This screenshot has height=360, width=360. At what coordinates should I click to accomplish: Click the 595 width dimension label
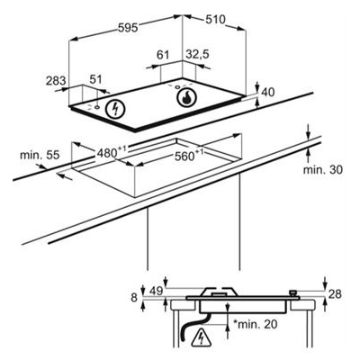pos(128,28)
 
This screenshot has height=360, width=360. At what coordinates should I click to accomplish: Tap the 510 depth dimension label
pos(215,20)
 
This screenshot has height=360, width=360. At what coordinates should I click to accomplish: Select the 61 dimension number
pos(163,55)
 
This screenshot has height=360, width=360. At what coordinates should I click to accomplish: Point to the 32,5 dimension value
pos(197,55)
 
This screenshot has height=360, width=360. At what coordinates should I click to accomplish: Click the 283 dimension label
pos(56,81)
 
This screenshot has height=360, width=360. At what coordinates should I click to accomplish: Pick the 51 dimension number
pos(96,79)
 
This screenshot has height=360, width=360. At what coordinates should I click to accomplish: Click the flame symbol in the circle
pos(186,98)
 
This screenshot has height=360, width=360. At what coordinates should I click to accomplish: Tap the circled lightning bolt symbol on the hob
pos(115,109)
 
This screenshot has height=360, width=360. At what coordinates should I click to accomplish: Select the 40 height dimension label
pos(268,93)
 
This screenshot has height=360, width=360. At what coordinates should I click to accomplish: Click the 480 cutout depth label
pos(109,152)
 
